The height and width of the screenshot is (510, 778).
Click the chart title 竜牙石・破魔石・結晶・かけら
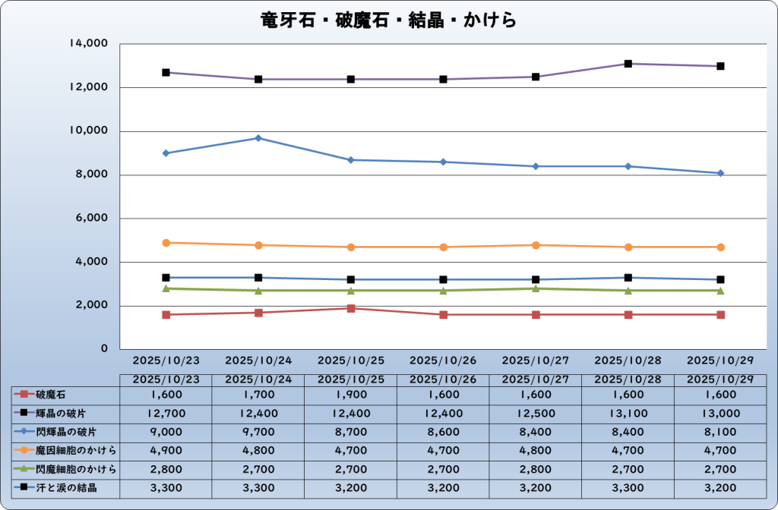(x=388, y=19)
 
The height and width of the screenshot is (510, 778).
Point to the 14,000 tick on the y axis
(x=90, y=44)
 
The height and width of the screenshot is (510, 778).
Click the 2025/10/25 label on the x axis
(x=351, y=360)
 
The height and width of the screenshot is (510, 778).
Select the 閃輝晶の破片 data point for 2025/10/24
(x=258, y=138)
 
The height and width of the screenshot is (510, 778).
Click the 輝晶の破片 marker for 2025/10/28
(x=628, y=64)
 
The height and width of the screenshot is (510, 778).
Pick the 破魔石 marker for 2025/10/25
(x=351, y=308)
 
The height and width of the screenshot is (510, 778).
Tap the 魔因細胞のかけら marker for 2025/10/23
(x=166, y=243)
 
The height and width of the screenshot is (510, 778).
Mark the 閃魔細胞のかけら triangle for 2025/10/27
(x=536, y=288)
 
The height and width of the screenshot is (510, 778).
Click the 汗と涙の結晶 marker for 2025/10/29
(x=720, y=280)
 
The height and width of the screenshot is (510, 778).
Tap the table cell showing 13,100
(x=628, y=414)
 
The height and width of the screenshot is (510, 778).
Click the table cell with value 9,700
(x=258, y=432)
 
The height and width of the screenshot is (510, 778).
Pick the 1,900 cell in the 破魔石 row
(x=351, y=395)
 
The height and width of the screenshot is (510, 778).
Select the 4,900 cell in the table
(x=166, y=451)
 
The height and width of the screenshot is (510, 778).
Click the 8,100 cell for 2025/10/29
(x=720, y=432)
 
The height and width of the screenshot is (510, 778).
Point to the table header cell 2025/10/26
(x=443, y=379)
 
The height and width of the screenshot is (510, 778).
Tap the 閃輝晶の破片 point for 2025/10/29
(x=720, y=173)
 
